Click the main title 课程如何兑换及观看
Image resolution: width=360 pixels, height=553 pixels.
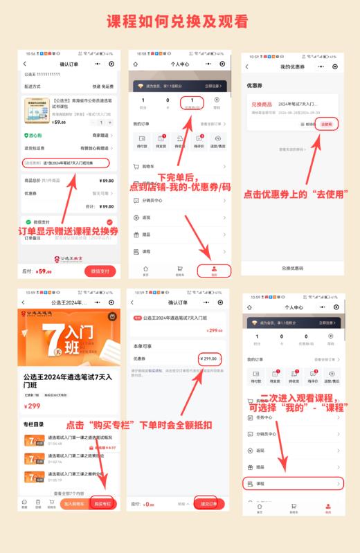click(x=180, y=21)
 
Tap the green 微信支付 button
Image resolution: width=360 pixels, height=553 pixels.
click(x=100, y=271)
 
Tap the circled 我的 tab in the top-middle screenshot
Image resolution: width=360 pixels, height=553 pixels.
click(x=213, y=271)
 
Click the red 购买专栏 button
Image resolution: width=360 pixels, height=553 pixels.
click(x=102, y=504)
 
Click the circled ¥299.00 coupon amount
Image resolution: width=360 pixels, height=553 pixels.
click(x=208, y=359)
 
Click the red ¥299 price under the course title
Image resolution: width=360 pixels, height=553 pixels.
click(x=33, y=406)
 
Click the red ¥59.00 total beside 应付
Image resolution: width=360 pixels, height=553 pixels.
click(x=44, y=271)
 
